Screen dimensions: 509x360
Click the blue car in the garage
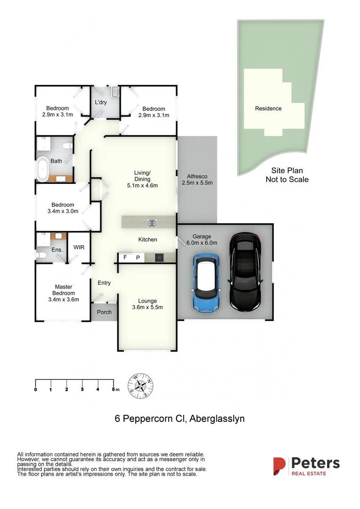point(205,283)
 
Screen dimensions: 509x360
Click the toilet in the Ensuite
point(42,254)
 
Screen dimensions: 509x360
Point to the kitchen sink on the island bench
point(152,223)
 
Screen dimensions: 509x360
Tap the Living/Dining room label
point(142,179)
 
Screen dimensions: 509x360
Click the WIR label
point(79,247)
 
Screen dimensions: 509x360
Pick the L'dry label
point(101,102)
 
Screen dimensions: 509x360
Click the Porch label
point(104,312)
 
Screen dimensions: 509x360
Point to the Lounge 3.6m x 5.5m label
point(147,304)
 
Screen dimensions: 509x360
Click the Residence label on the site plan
point(268,108)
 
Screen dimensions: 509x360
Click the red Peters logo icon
point(279,466)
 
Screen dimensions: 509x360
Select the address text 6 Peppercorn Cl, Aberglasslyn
point(180,419)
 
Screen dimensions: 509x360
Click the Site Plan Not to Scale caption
point(286,175)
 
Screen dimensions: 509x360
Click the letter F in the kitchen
point(125,257)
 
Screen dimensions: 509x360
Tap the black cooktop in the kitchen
point(159,257)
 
